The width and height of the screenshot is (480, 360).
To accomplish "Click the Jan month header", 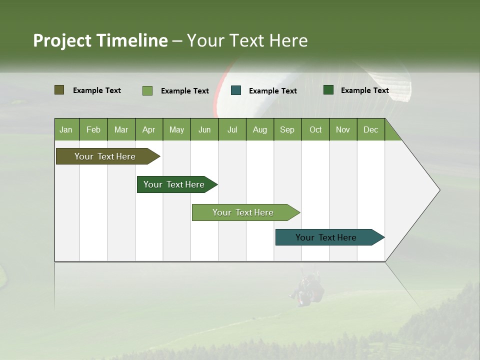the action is [x=66, y=129].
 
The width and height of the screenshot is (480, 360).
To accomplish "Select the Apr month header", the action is [x=149, y=129].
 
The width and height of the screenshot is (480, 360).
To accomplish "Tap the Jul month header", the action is [x=232, y=129].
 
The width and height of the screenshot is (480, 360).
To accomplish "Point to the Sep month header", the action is [x=287, y=129].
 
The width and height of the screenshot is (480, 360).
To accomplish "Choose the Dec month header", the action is [x=370, y=129].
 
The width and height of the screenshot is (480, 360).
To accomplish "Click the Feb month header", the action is [x=93, y=129].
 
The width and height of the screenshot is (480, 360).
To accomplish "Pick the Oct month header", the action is [x=315, y=129].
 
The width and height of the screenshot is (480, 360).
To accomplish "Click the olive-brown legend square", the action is [x=59, y=90].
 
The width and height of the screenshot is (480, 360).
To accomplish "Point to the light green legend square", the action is [x=147, y=90].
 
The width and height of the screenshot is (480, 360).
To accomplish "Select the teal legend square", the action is [x=236, y=90].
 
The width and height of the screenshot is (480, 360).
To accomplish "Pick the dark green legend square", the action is [x=328, y=90].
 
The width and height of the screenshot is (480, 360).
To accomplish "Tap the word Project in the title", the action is [x=62, y=40].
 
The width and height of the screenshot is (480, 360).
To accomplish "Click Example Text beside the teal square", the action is [x=272, y=91].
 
